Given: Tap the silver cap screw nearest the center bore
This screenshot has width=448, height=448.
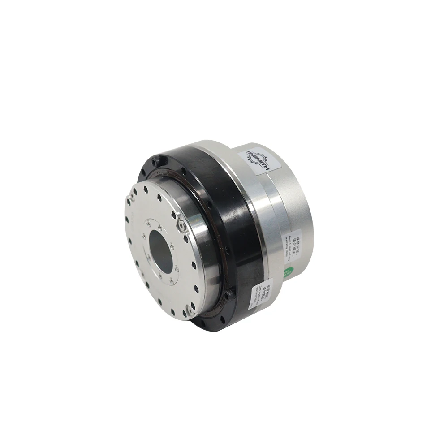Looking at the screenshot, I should [181, 225].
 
